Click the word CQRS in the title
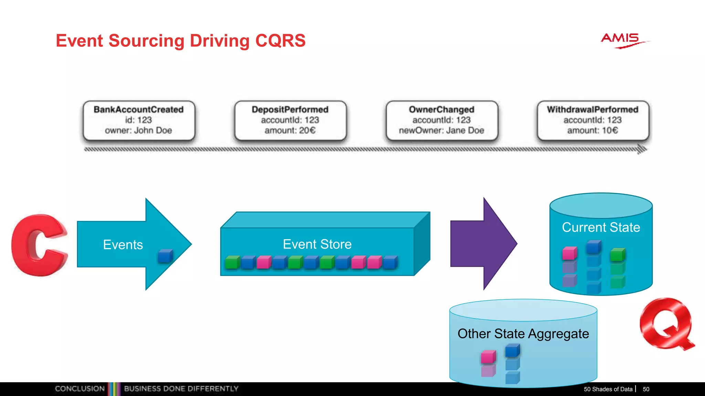280,41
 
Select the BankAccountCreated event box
139,120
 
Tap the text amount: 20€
290,131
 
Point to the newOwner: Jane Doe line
441,131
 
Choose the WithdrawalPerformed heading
592,109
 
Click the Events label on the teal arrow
123,245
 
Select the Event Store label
317,244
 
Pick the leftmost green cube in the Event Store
232,263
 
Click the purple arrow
482,244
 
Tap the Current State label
601,227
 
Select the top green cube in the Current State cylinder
618,255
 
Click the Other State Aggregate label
523,334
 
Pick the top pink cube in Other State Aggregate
488,357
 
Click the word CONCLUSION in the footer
80,389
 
